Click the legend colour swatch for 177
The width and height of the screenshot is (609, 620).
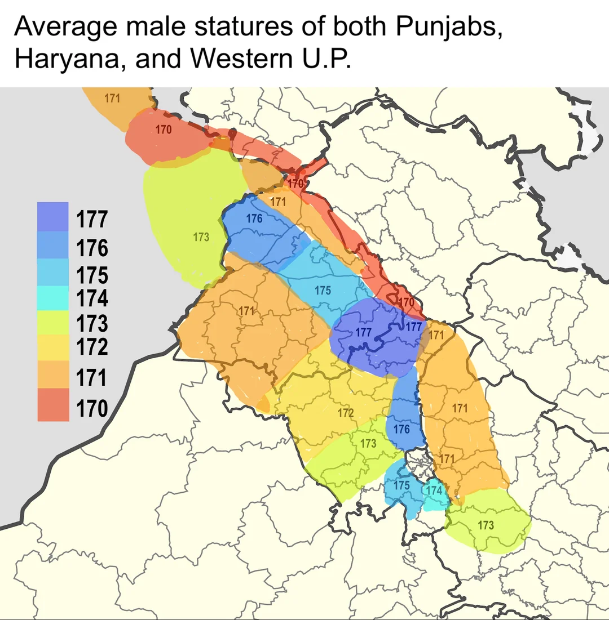click(52, 217)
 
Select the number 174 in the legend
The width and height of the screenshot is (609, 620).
click(92, 298)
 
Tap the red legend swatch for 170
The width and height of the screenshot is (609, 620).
click(52, 405)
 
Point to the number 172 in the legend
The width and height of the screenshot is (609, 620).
click(92, 346)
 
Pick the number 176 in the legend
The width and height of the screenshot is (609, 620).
click(92, 248)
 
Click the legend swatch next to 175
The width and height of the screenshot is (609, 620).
click(52, 273)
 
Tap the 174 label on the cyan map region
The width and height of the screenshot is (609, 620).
click(434, 490)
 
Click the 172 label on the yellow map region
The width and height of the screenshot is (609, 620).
click(345, 413)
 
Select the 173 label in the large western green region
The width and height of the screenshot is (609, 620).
click(201, 237)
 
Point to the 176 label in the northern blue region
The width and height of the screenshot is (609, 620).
click(254, 218)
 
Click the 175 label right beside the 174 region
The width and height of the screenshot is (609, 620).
click(401, 485)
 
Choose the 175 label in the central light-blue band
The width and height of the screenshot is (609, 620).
click(323, 291)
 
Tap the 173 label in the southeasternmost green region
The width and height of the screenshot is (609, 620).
click(486, 525)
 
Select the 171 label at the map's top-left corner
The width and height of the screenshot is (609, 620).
click(112, 99)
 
